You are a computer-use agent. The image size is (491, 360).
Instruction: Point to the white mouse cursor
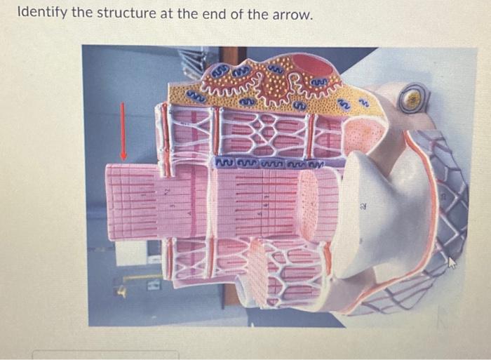450,262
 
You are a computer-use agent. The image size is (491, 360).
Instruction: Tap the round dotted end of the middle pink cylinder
309,204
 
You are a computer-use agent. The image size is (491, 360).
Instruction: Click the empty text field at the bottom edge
105,354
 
